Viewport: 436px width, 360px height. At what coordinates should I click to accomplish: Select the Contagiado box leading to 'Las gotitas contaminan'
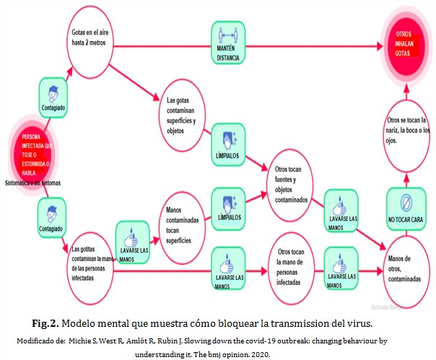[x=55, y=219]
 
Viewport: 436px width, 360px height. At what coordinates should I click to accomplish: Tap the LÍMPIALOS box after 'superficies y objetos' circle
[x=229, y=144]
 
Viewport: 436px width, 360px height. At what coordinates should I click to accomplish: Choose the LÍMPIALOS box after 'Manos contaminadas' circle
[x=229, y=204]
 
